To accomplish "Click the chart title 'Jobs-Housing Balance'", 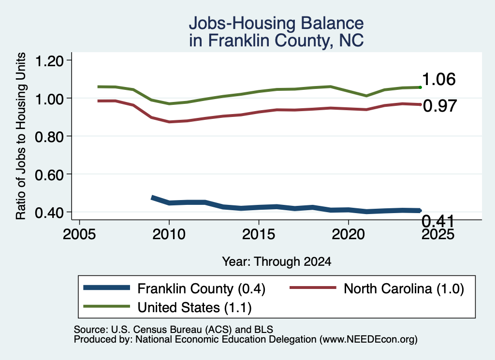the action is pos(276,23).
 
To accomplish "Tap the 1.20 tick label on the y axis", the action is pos(49,60).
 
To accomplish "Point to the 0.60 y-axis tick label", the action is pos(49,174).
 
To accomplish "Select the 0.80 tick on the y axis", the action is pos(49,137).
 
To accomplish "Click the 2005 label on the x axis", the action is pos(80,234).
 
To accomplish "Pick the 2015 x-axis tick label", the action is pos(259,234).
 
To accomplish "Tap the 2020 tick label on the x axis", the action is pos(348,234).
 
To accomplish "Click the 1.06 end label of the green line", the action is pos(439,79).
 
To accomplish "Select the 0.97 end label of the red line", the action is pos(440,106).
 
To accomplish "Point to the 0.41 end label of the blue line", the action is pos(438,221).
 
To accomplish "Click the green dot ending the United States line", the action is pos(420,87).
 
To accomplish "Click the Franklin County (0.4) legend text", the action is pos(202,288).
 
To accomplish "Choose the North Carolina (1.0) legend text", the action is pos(404,288).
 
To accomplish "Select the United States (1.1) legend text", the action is pos(194,308).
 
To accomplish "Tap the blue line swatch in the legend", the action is pos(107,288).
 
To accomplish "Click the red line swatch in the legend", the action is pos(313,288).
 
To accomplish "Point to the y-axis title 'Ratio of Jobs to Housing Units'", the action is pos(21,136).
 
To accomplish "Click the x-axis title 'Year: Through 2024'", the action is pos(277,261).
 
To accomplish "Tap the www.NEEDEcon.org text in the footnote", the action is pos(368,340).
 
